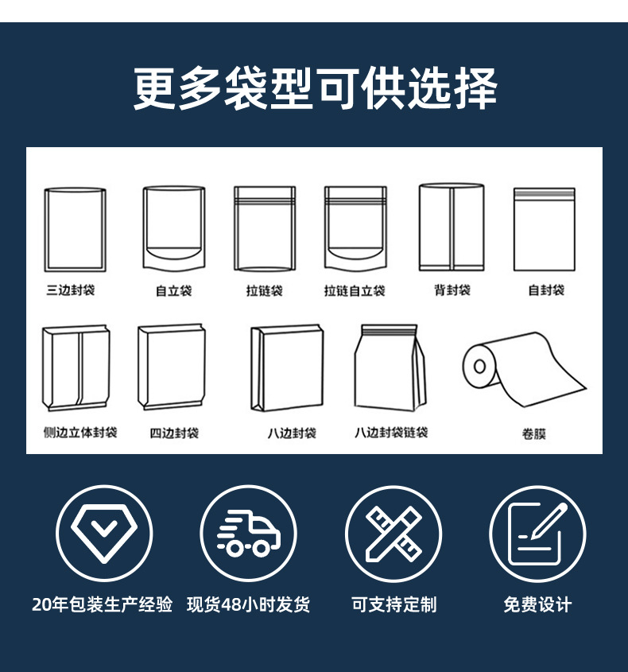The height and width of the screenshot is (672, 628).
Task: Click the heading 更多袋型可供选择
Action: coord(314,87)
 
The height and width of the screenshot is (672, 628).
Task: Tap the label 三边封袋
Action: coord(71,290)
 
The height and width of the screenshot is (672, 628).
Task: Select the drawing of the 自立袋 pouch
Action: coord(173,228)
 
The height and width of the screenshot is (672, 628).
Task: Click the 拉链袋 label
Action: coord(264,291)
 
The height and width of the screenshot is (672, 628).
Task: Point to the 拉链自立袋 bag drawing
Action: coord(355,229)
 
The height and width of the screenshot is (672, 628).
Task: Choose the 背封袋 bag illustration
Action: coord(452,228)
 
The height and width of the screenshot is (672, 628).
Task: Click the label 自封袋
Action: coord(546,290)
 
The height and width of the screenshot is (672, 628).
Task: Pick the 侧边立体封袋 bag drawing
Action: coord(76,367)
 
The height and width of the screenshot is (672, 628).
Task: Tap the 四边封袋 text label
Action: coord(174,433)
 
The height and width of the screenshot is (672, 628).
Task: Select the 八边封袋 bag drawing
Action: coord(287,367)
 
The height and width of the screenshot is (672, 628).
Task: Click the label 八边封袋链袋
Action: coord(391,433)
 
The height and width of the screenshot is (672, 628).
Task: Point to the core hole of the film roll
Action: coord(480,367)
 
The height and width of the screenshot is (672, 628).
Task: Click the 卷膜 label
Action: coord(534,434)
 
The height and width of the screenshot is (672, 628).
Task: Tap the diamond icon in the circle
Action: coord(103,532)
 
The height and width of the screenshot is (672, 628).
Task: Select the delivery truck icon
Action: coord(248,532)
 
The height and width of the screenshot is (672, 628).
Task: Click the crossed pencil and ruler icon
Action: coord(393,532)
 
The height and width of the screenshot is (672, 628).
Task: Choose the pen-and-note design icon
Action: coord(537,532)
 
